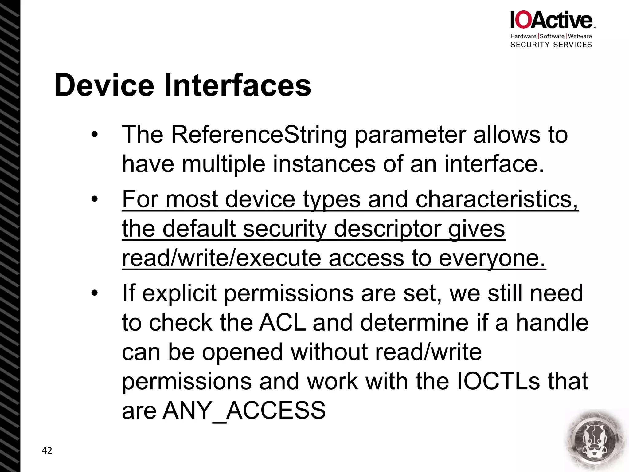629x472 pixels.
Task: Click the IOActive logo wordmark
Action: pos(552,20)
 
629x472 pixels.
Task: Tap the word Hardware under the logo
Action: pos(523,36)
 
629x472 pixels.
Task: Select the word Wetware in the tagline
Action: pos(580,36)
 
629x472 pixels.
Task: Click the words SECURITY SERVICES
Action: pos(551,45)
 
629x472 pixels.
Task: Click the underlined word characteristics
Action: pos(497,199)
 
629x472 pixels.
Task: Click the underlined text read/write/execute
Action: pos(221,258)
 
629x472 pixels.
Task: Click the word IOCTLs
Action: pos(498,381)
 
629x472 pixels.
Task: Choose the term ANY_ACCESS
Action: pos(244,411)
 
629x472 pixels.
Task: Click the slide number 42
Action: pos(47,450)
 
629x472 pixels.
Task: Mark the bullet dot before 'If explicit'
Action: pos(94,293)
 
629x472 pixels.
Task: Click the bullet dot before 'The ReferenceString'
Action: pos(94,135)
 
